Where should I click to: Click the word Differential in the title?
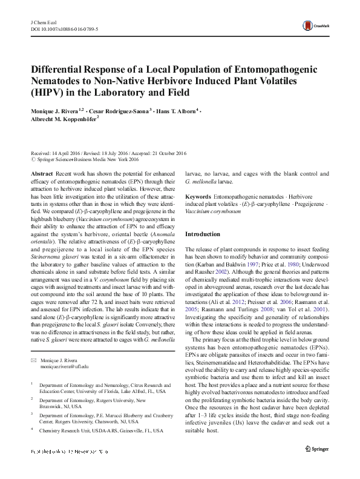(61, 70)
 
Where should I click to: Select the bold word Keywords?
(198, 197)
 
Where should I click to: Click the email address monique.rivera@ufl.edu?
(64, 366)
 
